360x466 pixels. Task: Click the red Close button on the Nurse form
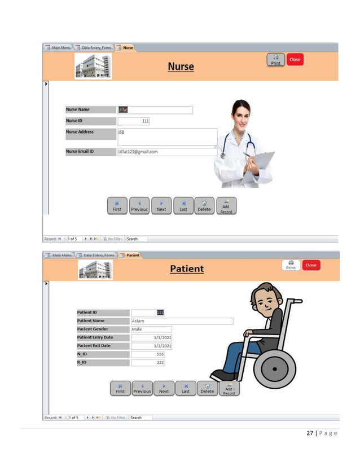(x=295, y=60)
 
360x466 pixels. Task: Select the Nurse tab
(x=128, y=48)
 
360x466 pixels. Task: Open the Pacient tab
(x=132, y=255)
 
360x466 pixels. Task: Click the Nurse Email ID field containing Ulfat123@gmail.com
(x=167, y=152)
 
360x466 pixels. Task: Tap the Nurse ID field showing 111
(x=134, y=121)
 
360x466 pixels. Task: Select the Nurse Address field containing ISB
(x=167, y=136)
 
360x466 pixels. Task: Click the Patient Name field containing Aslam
(x=182, y=321)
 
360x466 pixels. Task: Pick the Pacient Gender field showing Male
(x=151, y=329)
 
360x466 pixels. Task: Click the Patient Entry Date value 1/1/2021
(x=151, y=337)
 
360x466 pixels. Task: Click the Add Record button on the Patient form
(x=229, y=389)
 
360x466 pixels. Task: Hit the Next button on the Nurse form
(x=161, y=206)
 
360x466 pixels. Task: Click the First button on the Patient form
(x=120, y=389)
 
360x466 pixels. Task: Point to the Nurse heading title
(x=181, y=67)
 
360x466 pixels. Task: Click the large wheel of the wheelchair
(x=274, y=370)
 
